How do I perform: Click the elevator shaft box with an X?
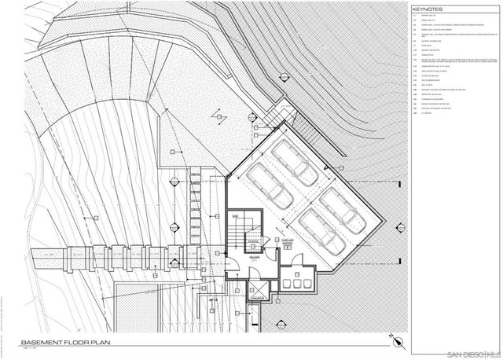click(256, 290)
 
